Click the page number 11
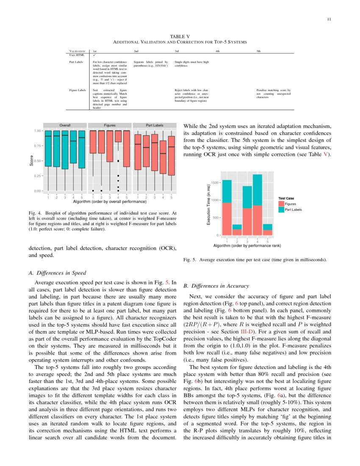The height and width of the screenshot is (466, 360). (x=329, y=19)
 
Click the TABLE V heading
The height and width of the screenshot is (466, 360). (x=180, y=37)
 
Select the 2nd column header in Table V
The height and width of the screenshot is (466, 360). (x=136, y=51)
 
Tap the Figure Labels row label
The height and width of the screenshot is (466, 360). (x=78, y=90)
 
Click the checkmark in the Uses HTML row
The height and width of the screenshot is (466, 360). (x=94, y=55)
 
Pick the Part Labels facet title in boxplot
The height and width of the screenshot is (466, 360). (x=155, y=125)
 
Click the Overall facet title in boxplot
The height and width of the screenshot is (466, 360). (x=65, y=125)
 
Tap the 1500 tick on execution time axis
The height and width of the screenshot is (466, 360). (x=215, y=183)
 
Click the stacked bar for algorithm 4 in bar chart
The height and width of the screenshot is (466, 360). (x=257, y=205)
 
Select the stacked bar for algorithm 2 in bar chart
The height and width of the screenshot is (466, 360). (x=237, y=230)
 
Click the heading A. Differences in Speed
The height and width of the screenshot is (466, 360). (x=57, y=273)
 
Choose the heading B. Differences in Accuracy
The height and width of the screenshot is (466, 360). (x=216, y=286)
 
